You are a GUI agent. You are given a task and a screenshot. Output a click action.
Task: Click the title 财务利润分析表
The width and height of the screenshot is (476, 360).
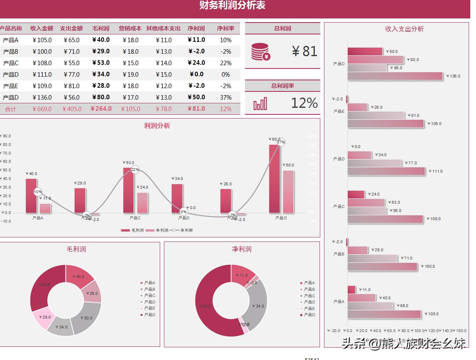pos(232,5)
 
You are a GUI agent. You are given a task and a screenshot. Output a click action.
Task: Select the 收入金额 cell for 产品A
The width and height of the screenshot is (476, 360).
pos(42,40)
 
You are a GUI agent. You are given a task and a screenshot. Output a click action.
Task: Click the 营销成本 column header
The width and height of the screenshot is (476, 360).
pos(130,29)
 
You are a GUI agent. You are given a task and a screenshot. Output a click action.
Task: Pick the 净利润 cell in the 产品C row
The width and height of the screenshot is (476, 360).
pos(196,63)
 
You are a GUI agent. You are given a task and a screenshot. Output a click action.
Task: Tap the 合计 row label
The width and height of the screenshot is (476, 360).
pos(11,109)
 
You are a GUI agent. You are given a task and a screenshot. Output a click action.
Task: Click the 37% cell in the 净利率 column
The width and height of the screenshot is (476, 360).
pos(226,98)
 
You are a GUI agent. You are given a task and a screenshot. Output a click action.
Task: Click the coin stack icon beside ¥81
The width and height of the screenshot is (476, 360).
pos(261,52)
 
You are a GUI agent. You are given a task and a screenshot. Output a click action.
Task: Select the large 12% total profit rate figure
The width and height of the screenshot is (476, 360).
pos(304,103)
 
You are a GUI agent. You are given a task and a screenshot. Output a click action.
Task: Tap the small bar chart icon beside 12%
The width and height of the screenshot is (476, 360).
pos(260,104)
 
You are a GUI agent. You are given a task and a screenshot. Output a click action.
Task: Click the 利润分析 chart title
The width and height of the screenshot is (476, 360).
pos(157,126)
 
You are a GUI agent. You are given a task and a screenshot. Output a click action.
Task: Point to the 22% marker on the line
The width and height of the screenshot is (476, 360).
pos(135,169)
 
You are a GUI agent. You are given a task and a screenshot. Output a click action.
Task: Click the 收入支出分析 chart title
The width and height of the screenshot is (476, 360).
pos(404,29)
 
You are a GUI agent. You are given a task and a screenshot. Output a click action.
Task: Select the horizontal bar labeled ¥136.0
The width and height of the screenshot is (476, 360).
pos(395,76)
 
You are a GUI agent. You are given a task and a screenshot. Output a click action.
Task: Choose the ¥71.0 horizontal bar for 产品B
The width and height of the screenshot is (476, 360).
pos(372,258)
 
